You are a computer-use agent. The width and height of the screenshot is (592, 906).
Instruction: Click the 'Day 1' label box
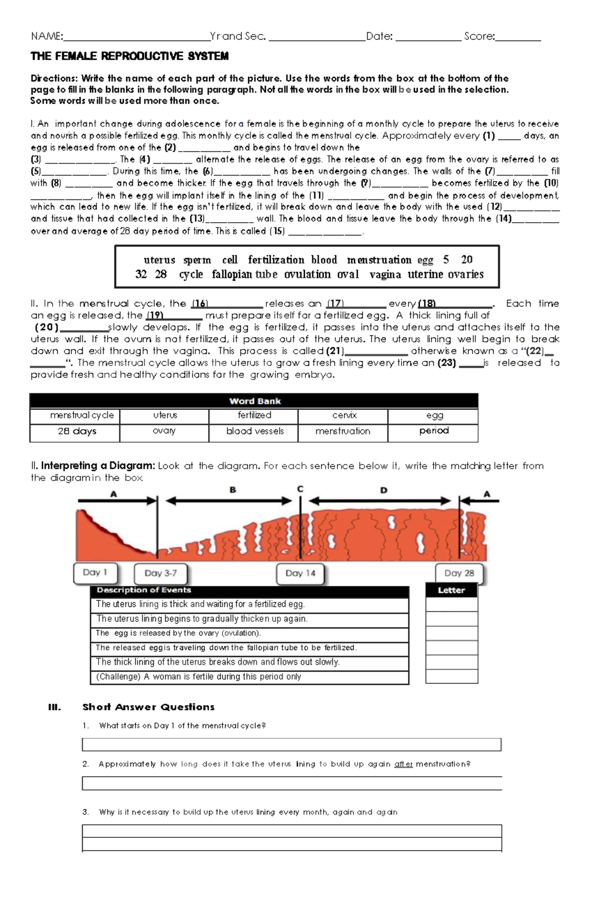(x=96, y=573)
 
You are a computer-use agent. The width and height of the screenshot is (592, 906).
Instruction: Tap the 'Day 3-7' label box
(x=161, y=573)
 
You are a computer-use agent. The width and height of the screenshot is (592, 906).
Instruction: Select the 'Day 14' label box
(x=300, y=573)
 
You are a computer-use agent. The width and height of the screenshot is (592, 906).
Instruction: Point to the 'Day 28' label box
(x=459, y=573)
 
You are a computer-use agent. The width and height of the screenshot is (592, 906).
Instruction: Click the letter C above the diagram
(x=300, y=489)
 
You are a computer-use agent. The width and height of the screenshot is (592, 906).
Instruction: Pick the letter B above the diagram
(x=233, y=490)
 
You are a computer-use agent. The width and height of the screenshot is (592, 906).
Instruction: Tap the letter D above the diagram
(x=384, y=490)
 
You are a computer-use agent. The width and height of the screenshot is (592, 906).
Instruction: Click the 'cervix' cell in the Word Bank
(x=343, y=416)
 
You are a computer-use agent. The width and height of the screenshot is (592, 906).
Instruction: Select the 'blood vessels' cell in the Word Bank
(x=255, y=431)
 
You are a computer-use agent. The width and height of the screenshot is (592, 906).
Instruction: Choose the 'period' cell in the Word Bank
(x=434, y=431)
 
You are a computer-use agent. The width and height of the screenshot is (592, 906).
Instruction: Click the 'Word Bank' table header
(x=255, y=401)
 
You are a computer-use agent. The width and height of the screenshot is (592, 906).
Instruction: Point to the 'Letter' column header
(x=451, y=590)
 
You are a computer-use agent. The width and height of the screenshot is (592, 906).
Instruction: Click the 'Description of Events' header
(x=144, y=590)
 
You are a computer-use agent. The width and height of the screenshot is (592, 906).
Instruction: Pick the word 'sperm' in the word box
(x=197, y=260)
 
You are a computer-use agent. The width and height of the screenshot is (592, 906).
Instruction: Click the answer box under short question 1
(x=292, y=745)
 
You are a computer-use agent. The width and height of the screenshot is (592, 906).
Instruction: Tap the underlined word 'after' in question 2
(x=404, y=764)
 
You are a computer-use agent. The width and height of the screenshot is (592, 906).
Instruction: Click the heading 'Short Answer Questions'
(x=148, y=707)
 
